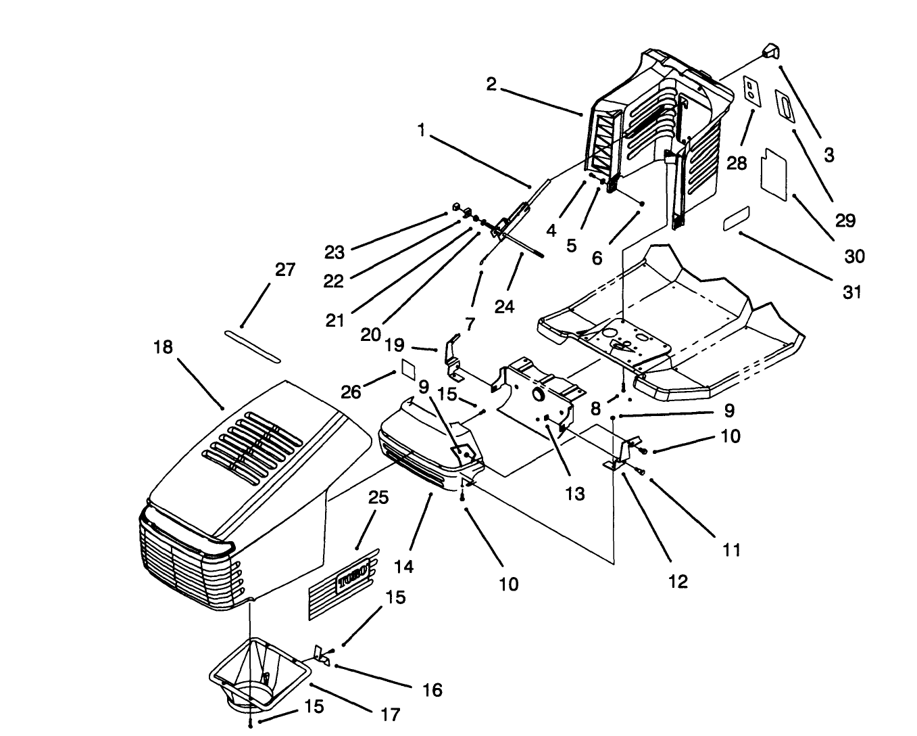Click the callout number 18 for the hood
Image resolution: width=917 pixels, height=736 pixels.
click(163, 347)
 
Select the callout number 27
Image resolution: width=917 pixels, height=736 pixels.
click(285, 270)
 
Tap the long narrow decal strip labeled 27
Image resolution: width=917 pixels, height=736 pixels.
click(253, 346)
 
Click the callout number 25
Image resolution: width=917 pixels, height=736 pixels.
click(378, 499)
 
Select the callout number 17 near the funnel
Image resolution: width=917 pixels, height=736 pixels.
click(391, 714)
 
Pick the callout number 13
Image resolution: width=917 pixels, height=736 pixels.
click(574, 494)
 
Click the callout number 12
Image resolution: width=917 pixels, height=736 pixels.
click(677, 580)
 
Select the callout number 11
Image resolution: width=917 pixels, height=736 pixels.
click(731, 549)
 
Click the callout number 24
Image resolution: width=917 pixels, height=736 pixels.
click(504, 306)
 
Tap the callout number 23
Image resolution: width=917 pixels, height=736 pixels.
click(334, 252)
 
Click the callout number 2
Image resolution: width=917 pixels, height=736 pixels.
click(491, 85)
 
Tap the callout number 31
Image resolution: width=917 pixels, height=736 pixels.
click(852, 292)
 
